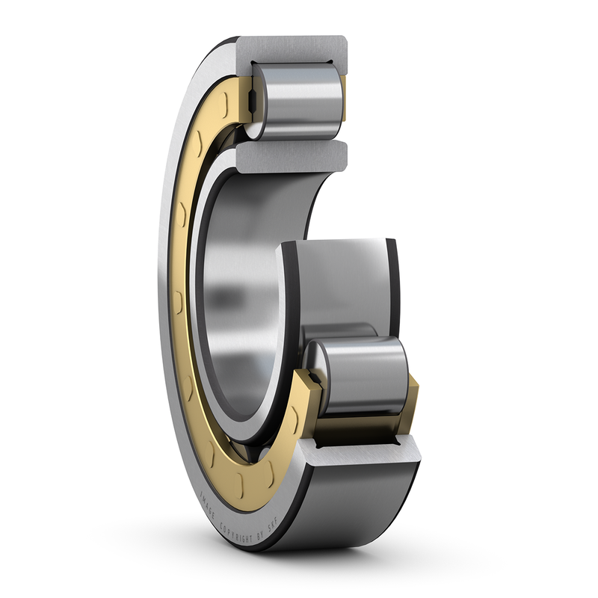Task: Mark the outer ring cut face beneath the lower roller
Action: pos(366,452)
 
